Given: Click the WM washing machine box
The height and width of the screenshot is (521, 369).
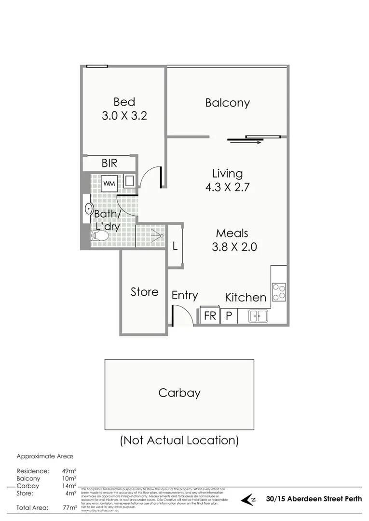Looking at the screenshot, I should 109,183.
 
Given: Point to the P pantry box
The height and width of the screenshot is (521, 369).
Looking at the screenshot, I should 229,316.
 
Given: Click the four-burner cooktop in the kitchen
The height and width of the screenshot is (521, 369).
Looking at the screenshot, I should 279,291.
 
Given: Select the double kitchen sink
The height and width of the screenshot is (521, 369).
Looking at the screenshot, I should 258,316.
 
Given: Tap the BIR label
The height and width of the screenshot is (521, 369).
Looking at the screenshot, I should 109,163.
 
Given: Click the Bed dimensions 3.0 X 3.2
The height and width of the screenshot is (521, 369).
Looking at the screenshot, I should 124,116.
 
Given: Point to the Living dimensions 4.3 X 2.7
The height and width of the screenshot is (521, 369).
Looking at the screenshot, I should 227,187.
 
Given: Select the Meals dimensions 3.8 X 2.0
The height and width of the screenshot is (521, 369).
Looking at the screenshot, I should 234,247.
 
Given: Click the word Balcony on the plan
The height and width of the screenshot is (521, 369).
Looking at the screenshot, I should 227,103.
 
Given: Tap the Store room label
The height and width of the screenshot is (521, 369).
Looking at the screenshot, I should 144,292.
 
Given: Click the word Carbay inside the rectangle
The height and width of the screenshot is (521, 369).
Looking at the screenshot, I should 179,393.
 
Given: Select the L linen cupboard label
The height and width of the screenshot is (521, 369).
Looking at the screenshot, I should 175,246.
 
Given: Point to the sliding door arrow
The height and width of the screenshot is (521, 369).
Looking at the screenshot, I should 250,142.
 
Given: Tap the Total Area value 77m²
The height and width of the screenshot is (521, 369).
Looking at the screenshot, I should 70,507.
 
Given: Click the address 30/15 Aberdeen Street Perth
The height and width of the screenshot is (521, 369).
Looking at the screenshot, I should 314,499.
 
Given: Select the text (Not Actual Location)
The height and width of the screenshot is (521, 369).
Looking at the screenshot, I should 179,440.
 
